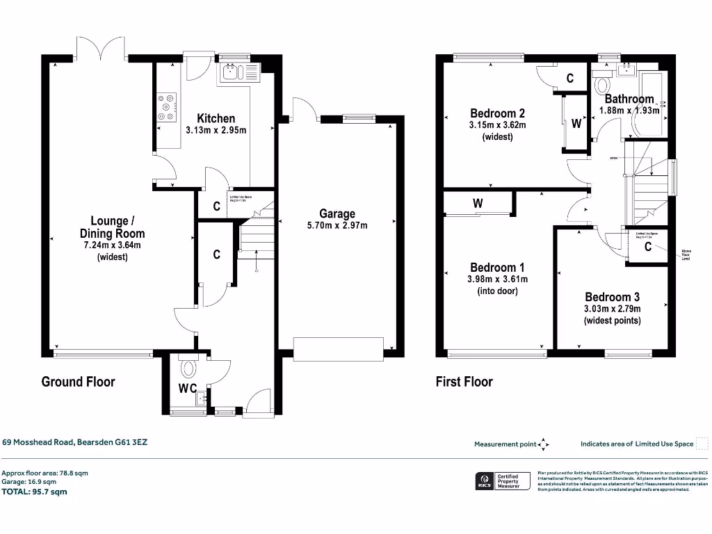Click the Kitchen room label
coord(216,118)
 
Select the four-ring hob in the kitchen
coord(167,108)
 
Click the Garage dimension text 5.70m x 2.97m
coord(337,225)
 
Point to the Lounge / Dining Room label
coord(113,227)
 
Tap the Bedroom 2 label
coord(497,113)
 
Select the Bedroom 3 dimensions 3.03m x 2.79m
coord(612,309)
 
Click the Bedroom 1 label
coord(497,268)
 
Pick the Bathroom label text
coord(629,99)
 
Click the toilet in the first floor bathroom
coord(603,86)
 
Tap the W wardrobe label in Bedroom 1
coord(478,204)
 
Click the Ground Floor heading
coord(78,382)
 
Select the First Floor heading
coord(464,382)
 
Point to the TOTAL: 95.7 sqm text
coord(35,492)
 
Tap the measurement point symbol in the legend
coord(544,444)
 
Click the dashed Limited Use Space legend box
coord(702,444)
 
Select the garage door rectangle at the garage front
coord(338,346)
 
